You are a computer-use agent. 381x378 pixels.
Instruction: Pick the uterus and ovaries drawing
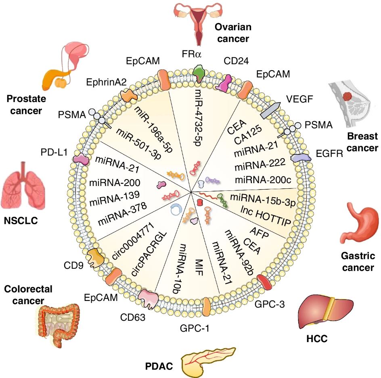pyautogui.click(x=198, y=23)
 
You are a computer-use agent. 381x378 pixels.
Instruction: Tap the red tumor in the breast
pyautogui.click(x=347, y=96)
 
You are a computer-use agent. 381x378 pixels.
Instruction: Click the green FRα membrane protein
pyautogui.click(x=199, y=73)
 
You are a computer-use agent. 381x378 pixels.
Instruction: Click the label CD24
pyautogui.click(x=236, y=61)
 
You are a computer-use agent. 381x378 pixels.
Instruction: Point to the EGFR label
pyautogui.click(x=329, y=154)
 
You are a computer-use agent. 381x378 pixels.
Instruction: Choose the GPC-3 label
pyautogui.click(x=270, y=304)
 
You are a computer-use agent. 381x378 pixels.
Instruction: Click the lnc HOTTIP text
pyautogui.click(x=266, y=215)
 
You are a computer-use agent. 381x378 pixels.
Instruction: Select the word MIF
pyautogui.click(x=199, y=267)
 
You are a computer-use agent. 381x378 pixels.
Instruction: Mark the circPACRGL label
pyautogui.click(x=149, y=254)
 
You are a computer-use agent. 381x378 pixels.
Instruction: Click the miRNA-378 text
pyautogui.click(x=122, y=214)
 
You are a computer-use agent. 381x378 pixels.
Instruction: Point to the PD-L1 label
pyautogui.click(x=54, y=152)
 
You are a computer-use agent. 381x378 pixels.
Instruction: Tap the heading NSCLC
pyautogui.click(x=21, y=220)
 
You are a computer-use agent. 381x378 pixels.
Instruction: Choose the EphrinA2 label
pyautogui.click(x=107, y=82)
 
